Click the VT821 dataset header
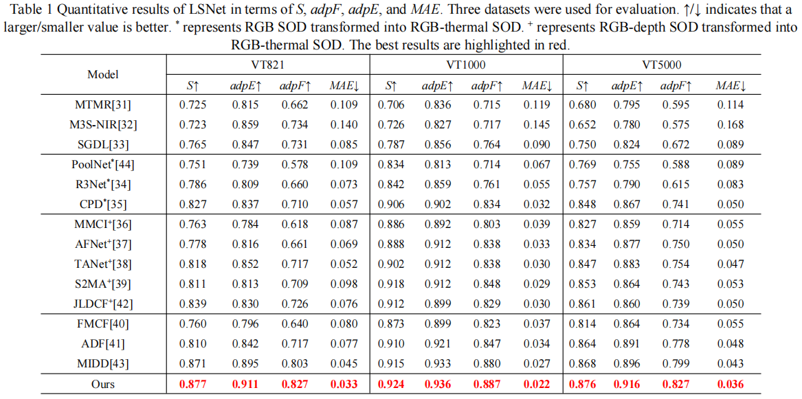click(267, 65)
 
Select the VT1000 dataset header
click(466, 65)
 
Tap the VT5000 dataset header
click(662, 65)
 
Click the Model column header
click(103, 74)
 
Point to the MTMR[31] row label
click(103, 105)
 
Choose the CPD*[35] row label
click(103, 204)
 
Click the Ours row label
click(103, 385)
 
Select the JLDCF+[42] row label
click(103, 304)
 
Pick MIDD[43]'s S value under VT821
click(193, 363)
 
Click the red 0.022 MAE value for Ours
click(537, 385)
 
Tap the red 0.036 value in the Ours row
click(729, 385)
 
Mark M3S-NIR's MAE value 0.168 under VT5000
click(729, 125)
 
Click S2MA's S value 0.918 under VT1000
click(390, 284)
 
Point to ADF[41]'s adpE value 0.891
click(626, 343)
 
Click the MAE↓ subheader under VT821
click(344, 86)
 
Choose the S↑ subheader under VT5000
click(582, 86)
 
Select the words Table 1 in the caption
click(23, 10)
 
